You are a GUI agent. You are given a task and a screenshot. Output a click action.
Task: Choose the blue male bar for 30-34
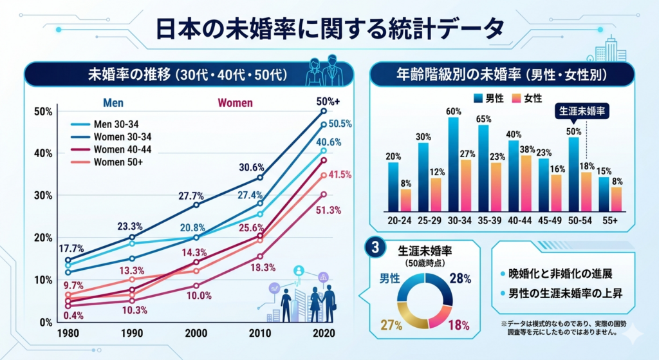(453, 164)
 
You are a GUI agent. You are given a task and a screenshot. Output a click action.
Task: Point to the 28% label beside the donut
(461, 279)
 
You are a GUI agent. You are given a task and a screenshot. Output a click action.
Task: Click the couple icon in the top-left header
(324, 67)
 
